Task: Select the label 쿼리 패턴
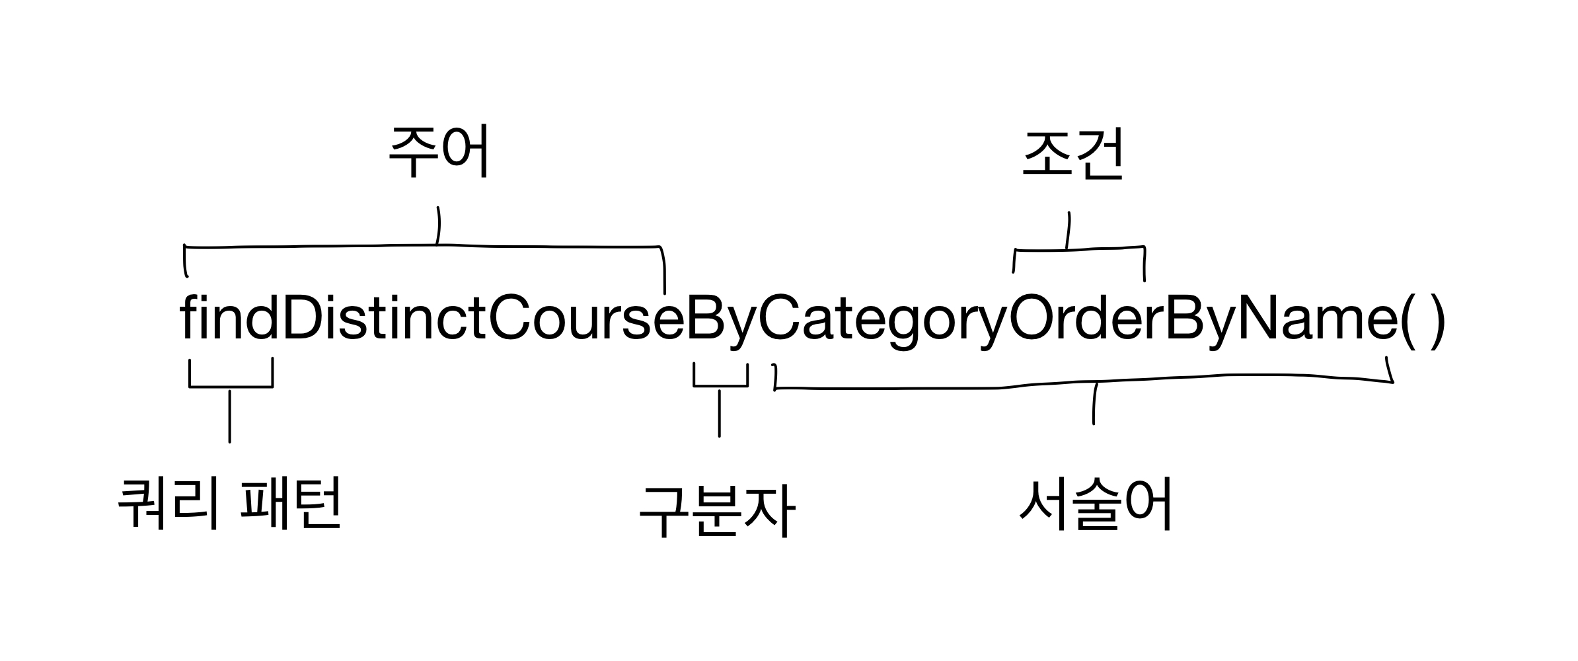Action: [229, 504]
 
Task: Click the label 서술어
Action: [1096, 505]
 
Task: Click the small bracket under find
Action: [231, 385]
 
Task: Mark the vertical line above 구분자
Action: [719, 412]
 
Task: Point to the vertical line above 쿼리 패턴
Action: [229, 416]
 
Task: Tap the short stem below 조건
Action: [1068, 231]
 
